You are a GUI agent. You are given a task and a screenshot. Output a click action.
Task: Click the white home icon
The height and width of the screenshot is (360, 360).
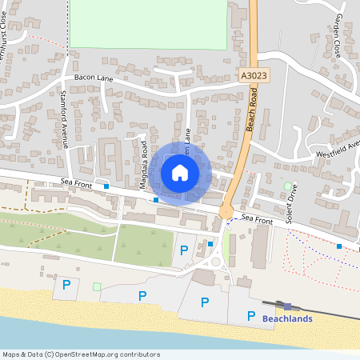pyautogui.click(x=180, y=173)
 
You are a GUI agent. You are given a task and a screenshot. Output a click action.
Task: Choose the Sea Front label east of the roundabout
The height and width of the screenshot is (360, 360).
pyautogui.click(x=258, y=219)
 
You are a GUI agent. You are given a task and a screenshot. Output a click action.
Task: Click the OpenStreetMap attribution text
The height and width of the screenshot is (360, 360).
pyautogui.click(x=81, y=354)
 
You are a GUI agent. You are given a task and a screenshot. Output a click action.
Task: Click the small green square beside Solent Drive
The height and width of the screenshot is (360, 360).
pyautogui.click(x=288, y=186)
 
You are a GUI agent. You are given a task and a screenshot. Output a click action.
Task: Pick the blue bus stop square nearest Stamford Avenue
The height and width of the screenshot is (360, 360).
pyautogui.click(x=106, y=186)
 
